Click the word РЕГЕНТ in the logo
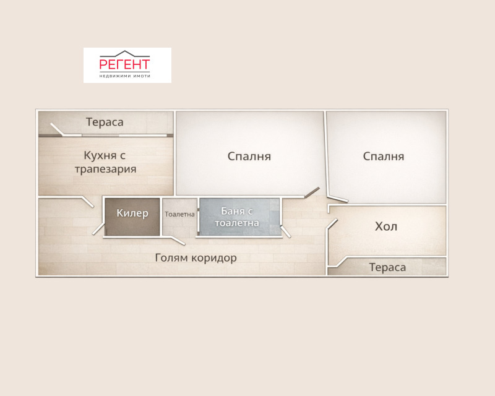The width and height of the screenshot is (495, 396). (x=125, y=64)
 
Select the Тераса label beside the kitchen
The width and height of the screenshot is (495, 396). (x=105, y=122)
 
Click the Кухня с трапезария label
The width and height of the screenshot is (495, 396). (x=105, y=161)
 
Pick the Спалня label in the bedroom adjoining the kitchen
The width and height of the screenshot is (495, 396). (x=249, y=156)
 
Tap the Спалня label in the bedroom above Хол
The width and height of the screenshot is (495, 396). (x=383, y=156)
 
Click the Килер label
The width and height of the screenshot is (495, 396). (x=132, y=213)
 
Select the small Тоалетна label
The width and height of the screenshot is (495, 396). (x=179, y=214)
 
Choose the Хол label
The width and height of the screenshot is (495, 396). (x=386, y=226)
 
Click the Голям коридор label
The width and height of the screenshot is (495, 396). (x=196, y=257)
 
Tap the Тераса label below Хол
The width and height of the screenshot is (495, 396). (x=387, y=267)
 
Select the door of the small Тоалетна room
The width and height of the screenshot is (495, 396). (x=177, y=240)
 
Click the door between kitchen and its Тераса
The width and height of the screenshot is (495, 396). (x=59, y=129)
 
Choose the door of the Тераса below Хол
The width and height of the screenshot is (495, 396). (x=339, y=262)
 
